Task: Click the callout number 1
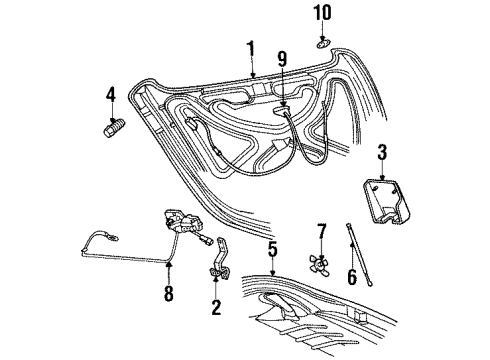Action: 251,46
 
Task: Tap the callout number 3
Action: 381,153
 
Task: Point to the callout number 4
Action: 112,97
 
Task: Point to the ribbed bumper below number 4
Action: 113,130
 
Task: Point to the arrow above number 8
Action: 167,270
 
